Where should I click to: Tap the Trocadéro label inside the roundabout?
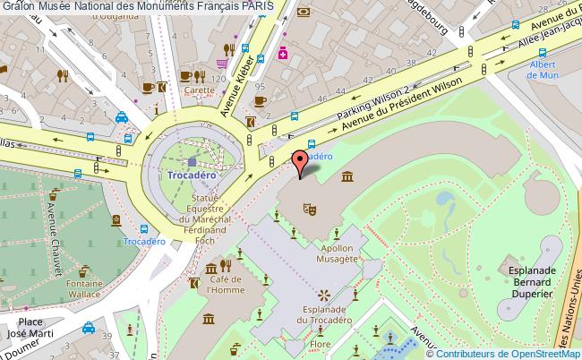click(x=192, y=176)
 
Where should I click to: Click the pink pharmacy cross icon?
click(x=284, y=54)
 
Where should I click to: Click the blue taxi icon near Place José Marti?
click(x=89, y=328)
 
